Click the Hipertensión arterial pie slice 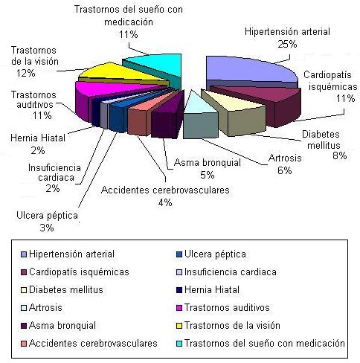click(x=248, y=71)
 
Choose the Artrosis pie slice click(x=199, y=117)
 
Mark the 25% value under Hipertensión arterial click(x=287, y=45)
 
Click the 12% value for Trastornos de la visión click(x=26, y=73)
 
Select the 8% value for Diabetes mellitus click(x=339, y=155)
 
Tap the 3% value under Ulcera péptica click(x=47, y=228)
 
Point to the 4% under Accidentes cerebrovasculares click(x=165, y=202)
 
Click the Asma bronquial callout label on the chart click(x=208, y=163)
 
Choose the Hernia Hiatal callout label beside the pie click(x=38, y=138)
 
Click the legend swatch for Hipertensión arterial click(x=24, y=254)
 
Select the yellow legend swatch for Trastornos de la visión click(x=179, y=326)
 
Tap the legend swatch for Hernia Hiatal click(x=179, y=290)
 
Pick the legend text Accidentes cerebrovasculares click(x=93, y=344)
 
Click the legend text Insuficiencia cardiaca click(x=231, y=272)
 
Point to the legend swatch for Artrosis click(x=24, y=308)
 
